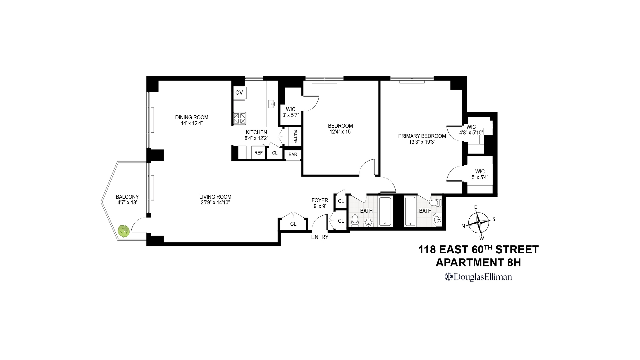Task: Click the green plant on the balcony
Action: (124, 231)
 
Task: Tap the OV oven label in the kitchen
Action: (239, 93)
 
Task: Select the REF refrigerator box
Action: (258, 153)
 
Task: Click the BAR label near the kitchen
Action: (293, 155)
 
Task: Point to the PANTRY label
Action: (295, 137)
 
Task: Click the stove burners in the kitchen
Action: (239, 118)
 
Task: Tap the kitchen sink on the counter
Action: (271, 104)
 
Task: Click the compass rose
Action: (479, 223)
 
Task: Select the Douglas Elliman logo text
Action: (478, 277)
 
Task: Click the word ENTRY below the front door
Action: (320, 237)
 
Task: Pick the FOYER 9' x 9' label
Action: (320, 203)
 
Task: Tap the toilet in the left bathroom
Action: (355, 220)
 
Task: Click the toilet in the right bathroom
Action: (435, 202)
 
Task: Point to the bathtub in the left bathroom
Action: (385, 212)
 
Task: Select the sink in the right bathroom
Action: (437, 219)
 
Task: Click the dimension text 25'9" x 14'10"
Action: (215, 202)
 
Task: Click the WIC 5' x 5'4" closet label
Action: (480, 174)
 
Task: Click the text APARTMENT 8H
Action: (478, 263)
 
